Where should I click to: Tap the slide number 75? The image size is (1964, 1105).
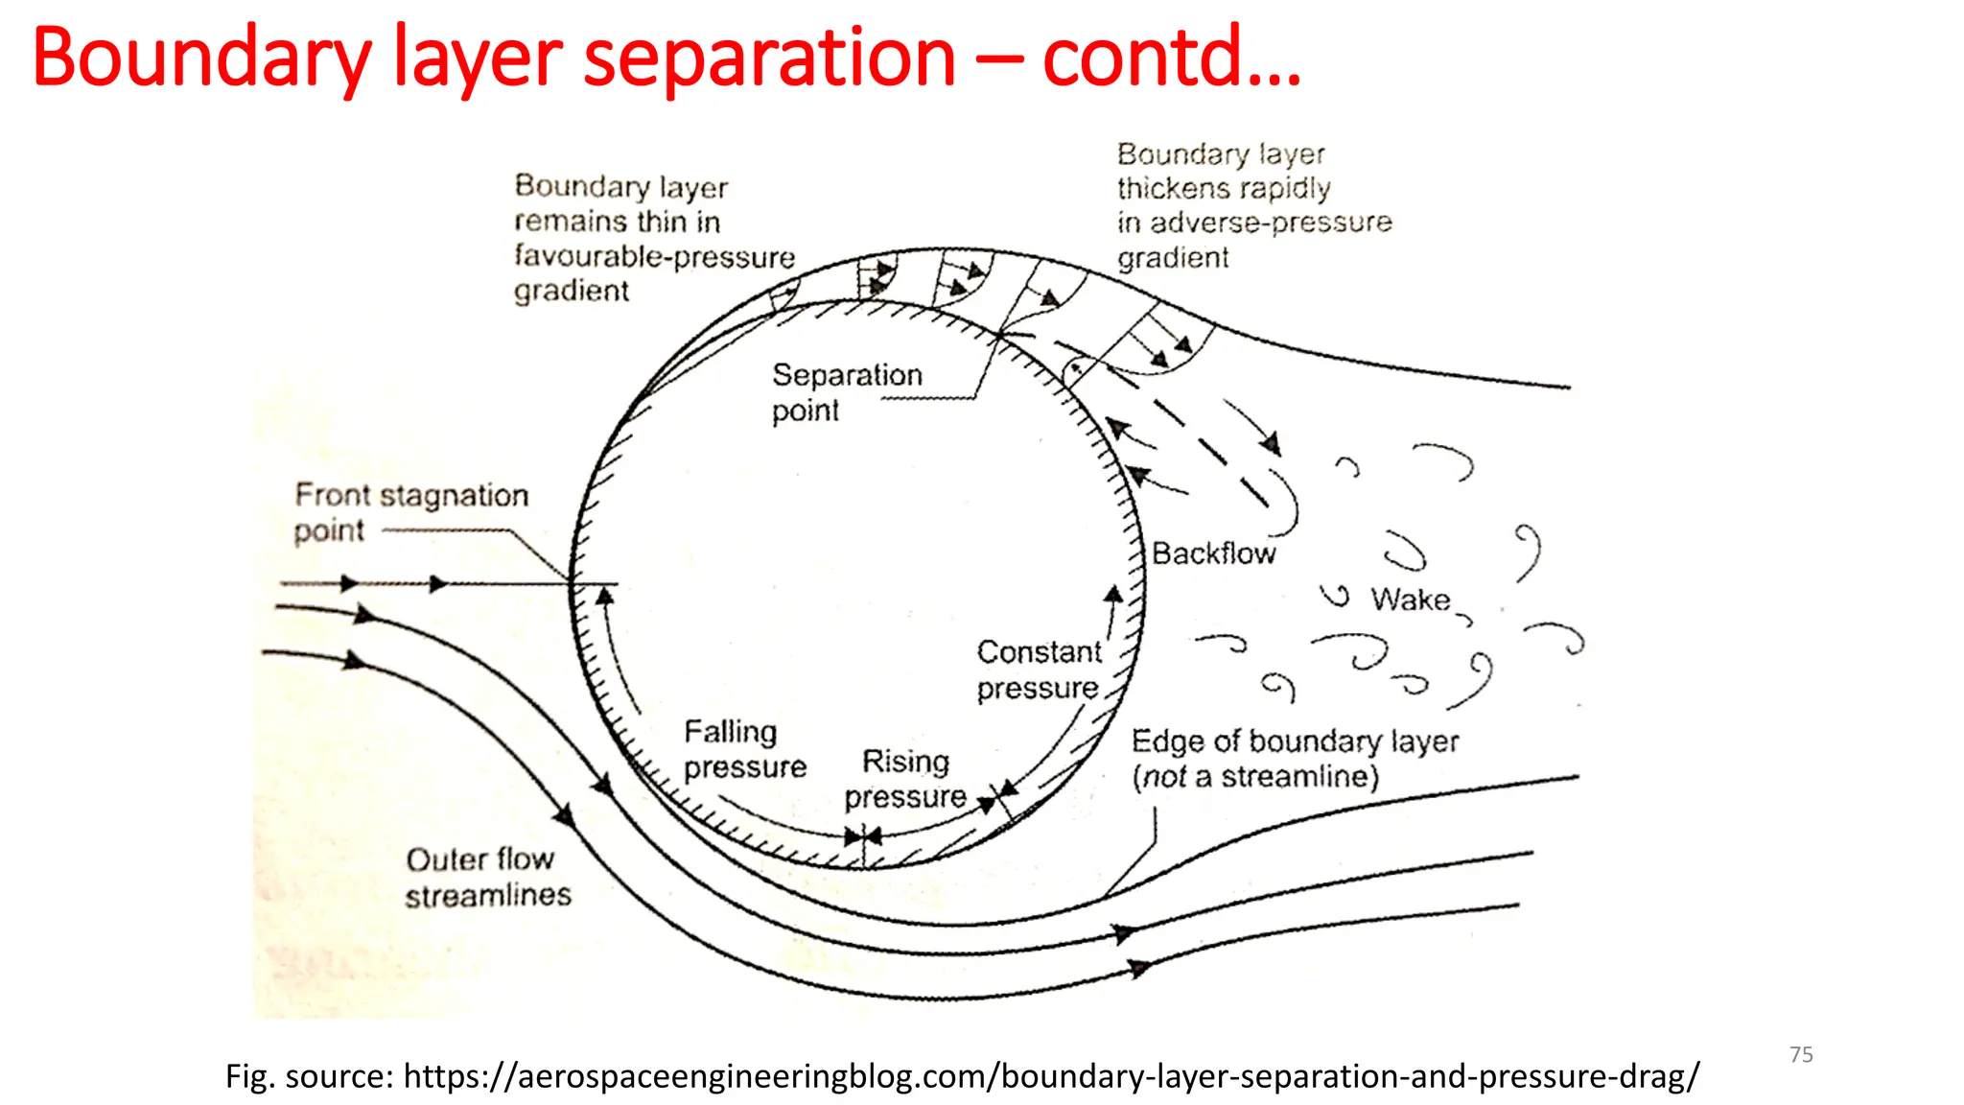pyautogui.click(x=1801, y=1054)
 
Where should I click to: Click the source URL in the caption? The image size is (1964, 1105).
pyautogui.click(x=1051, y=1076)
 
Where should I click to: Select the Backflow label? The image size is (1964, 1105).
pyautogui.click(x=1213, y=553)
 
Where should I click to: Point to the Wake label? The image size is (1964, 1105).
pyautogui.click(x=1410, y=600)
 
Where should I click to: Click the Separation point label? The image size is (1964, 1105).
pyautogui.click(x=846, y=391)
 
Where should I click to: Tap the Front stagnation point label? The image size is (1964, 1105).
pyautogui.click(x=410, y=511)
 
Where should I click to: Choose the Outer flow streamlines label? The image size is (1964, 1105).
pyautogui.click(x=486, y=877)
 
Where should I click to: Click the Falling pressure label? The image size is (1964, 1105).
pyautogui.click(x=744, y=749)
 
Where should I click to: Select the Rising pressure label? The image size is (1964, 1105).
pyautogui.click(x=905, y=779)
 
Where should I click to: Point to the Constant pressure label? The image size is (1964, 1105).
pyautogui.click(x=1038, y=670)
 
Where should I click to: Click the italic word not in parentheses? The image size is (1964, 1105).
pyautogui.click(x=1164, y=776)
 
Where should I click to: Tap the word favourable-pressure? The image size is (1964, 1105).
pyautogui.click(x=654, y=256)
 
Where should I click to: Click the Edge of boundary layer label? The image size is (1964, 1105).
pyautogui.click(x=1295, y=741)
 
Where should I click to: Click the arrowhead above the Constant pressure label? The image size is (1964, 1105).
pyautogui.click(x=1113, y=595)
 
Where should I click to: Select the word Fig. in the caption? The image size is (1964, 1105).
pyautogui.click(x=251, y=1076)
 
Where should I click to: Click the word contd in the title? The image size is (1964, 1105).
pyautogui.click(x=1141, y=58)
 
